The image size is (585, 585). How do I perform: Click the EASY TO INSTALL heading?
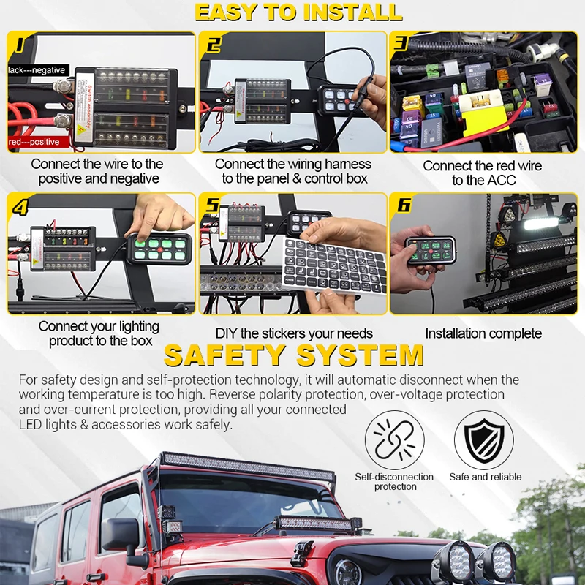pyautogui.click(x=298, y=12)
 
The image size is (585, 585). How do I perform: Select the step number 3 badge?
pyautogui.click(x=401, y=43)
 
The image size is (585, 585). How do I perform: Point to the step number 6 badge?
pyautogui.click(x=404, y=205)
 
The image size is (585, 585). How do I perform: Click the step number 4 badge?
pyautogui.click(x=20, y=207)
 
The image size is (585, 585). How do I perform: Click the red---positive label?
pyautogui.click(x=34, y=141)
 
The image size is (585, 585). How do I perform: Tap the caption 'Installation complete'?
pyautogui.click(x=483, y=333)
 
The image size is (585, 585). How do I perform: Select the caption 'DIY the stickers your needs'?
pyautogui.click(x=294, y=333)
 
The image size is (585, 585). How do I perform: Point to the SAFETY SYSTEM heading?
pyautogui.click(x=294, y=355)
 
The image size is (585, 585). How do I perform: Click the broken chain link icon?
pyautogui.click(x=394, y=440)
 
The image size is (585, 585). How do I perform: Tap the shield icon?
pyautogui.click(x=484, y=440)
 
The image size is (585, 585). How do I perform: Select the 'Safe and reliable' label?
pyautogui.click(x=486, y=477)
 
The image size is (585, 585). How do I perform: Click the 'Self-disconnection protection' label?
pyautogui.click(x=394, y=481)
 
